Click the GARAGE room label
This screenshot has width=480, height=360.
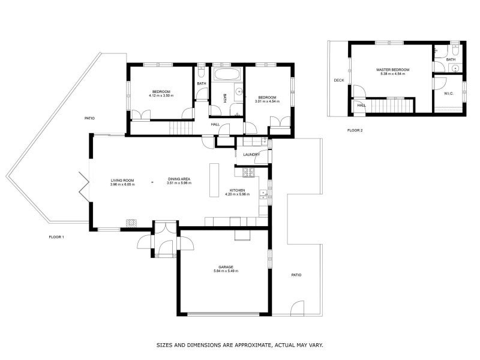click(226, 267)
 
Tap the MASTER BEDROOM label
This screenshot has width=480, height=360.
click(393, 70)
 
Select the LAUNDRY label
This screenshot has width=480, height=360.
click(251, 155)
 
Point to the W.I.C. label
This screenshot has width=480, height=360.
click(448, 94)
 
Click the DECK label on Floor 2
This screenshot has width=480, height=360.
click(339, 80)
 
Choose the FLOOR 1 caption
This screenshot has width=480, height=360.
click(56, 237)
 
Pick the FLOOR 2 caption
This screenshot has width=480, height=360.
click(355, 130)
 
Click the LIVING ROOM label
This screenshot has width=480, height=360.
click(122, 181)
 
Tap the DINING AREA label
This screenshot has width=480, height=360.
click(179, 179)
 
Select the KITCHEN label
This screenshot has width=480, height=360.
click(237, 190)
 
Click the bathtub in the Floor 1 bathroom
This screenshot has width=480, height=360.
click(227, 74)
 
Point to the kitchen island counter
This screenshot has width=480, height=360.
click(214, 180)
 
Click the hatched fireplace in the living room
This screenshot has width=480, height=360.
click(131, 223)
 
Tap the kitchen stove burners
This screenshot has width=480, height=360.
click(248, 173)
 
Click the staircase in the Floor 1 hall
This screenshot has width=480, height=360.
click(181, 128)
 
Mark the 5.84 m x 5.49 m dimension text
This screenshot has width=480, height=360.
click(226, 271)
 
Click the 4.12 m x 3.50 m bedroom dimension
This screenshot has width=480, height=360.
click(161, 95)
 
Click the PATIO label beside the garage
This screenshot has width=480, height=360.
click(296, 275)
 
